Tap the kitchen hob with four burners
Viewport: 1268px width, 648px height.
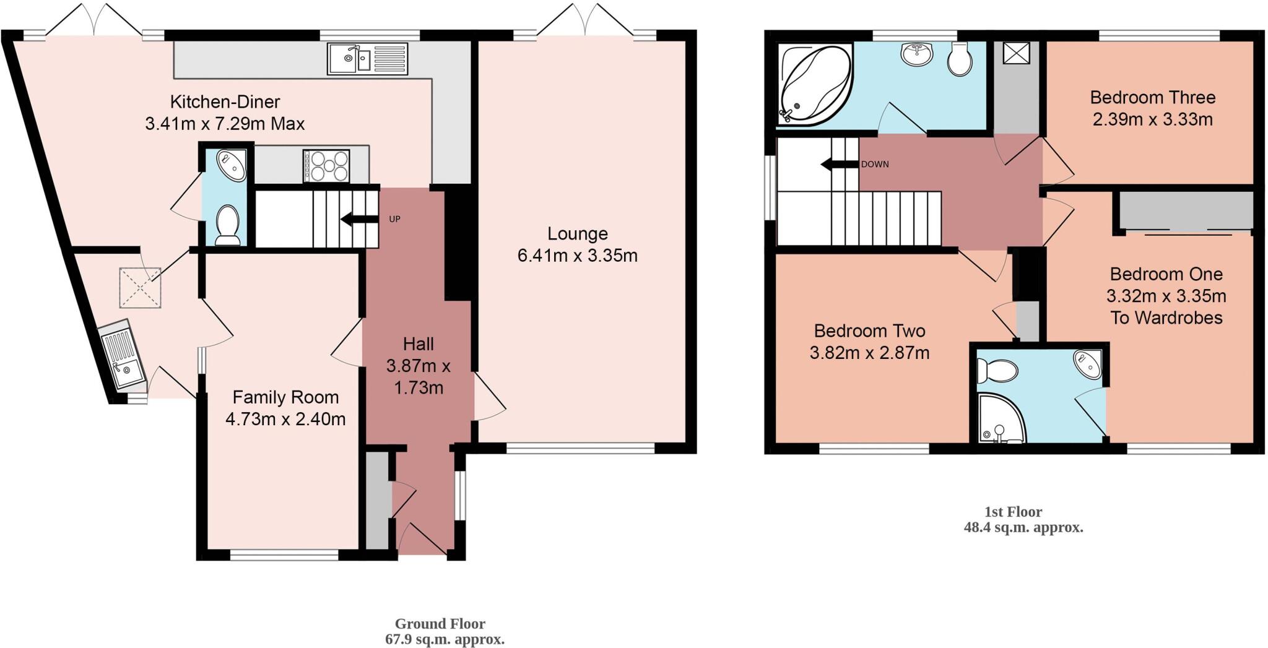[x=326, y=166]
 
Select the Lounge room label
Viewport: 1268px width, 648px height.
[x=577, y=234]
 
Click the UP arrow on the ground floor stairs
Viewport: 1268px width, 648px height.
[x=354, y=219]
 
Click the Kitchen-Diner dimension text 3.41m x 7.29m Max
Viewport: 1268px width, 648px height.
[x=225, y=124]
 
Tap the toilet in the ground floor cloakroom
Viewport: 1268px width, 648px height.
[x=227, y=224]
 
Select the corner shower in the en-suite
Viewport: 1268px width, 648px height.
[x=999, y=420]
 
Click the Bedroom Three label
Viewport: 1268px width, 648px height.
[x=1152, y=98]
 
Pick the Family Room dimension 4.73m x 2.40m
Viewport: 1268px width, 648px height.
[x=285, y=420]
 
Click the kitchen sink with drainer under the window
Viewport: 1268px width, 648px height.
[x=368, y=59]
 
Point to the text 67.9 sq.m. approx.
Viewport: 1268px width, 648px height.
[x=445, y=639]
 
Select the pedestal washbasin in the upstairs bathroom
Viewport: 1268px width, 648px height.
[x=917, y=54]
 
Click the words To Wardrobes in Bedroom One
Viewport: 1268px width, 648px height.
[x=1166, y=318]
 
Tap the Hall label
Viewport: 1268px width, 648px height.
[x=418, y=344]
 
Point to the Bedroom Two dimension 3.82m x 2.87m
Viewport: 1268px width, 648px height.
[x=869, y=353]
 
